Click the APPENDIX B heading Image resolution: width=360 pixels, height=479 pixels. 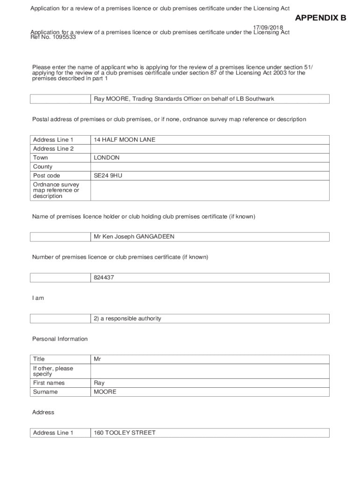(320, 18)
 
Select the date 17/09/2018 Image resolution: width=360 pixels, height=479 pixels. (268, 28)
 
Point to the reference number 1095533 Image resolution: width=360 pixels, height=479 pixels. (60, 36)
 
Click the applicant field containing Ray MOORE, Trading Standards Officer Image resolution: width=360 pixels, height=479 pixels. (184, 99)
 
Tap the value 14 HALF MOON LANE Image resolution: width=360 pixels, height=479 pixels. (124, 140)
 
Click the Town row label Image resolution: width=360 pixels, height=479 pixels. (41, 158)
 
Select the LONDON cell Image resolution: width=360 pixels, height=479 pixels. (107, 158)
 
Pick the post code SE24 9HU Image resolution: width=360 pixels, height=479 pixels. (108, 175)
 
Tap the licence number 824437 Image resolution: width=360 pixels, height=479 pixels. (104, 278)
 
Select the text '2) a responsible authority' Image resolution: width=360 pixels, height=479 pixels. (127, 319)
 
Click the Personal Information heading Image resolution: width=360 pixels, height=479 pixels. (60, 339)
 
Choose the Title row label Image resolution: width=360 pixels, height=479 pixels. (39, 359)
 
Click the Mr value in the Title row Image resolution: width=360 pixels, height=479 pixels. (97, 359)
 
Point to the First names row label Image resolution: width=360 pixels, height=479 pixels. (49, 383)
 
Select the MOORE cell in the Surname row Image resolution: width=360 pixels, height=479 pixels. (105, 392)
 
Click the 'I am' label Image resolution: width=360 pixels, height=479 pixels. (38, 298)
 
